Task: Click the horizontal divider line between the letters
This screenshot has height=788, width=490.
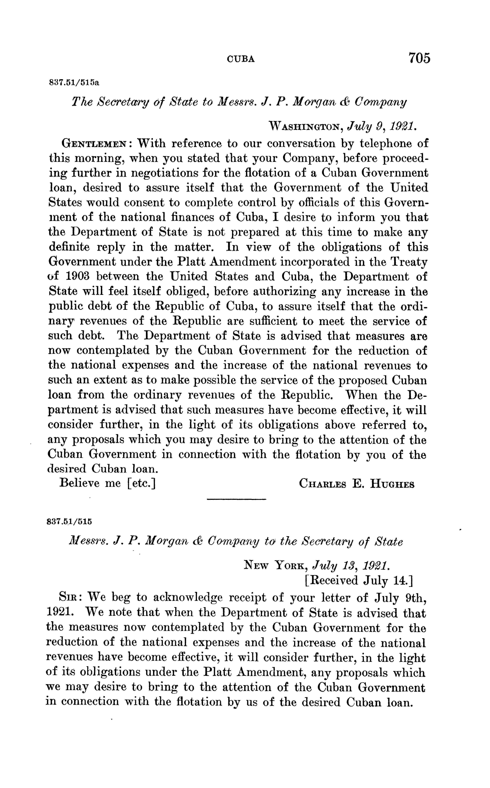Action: point(236,499)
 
